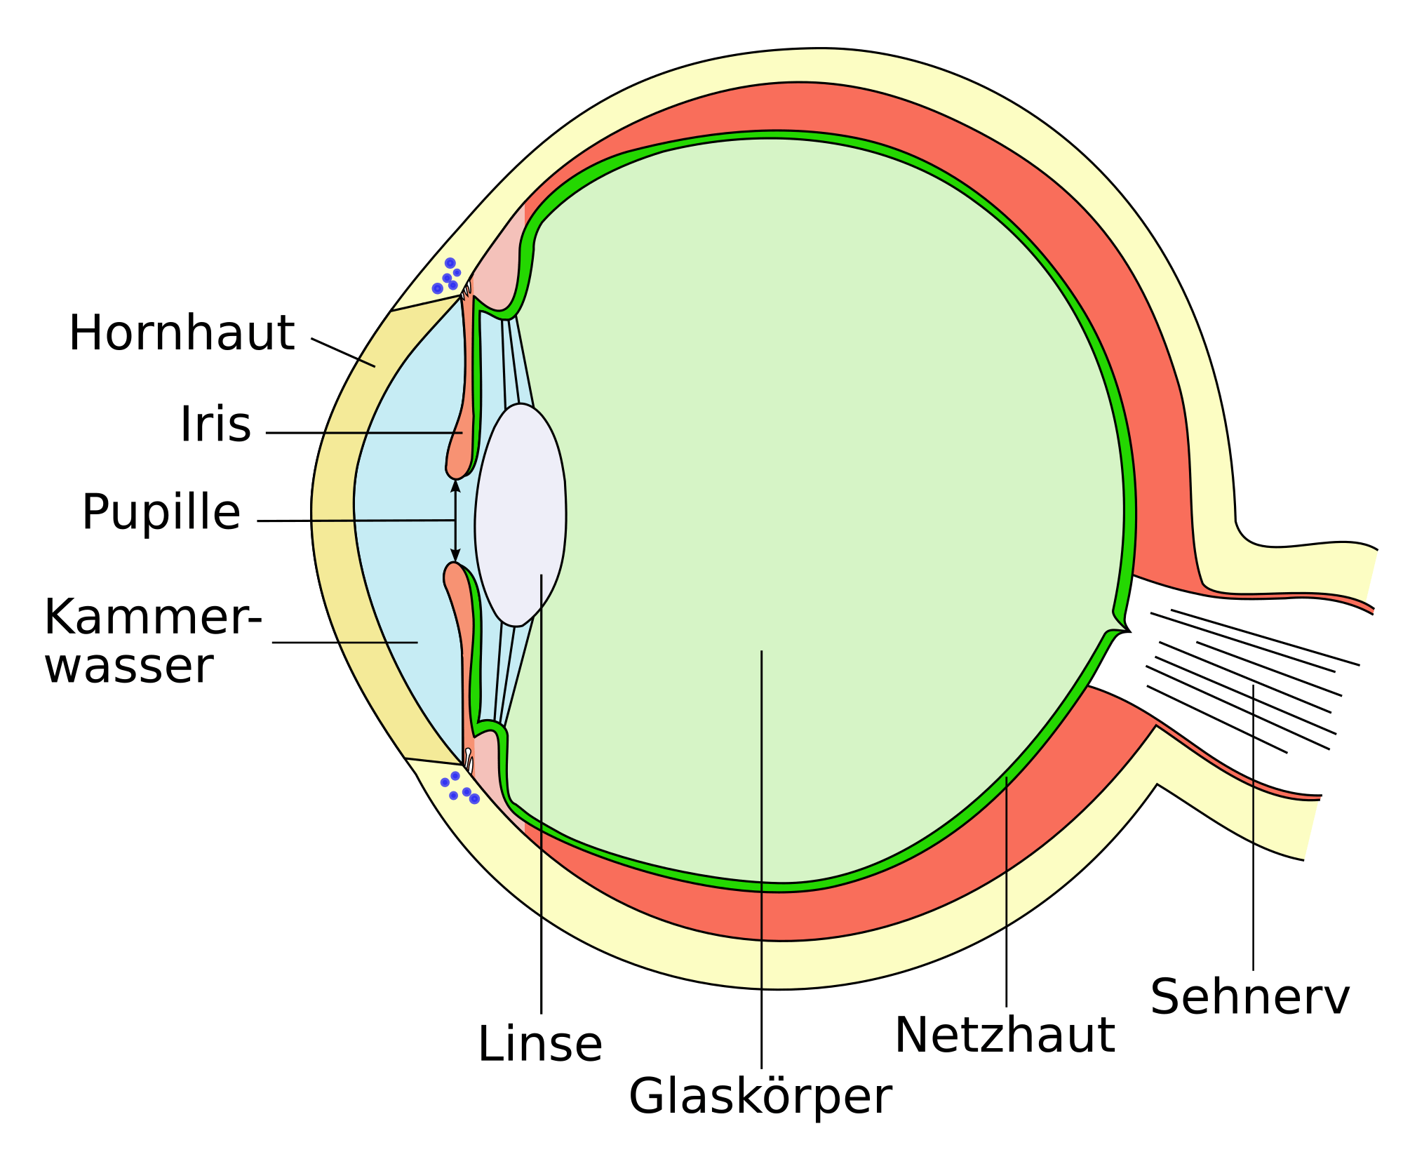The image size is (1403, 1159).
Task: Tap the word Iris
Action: coord(215,424)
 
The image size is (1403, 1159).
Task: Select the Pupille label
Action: coord(161,511)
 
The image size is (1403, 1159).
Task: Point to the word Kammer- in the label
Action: coord(153,617)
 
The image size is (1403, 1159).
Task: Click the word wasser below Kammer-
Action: coord(128,666)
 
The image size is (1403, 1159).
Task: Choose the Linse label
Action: coord(539,1044)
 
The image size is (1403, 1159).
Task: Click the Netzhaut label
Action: coord(1005,1035)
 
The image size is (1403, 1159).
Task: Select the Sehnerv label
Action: coord(1249,996)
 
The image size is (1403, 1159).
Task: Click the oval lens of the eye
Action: coord(521,515)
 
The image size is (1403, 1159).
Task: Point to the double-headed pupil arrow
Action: coord(455,521)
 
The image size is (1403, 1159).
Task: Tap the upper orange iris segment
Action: coord(460,393)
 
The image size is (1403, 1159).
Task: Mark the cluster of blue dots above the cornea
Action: coord(447,276)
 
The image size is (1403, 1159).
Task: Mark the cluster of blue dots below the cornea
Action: coord(460,788)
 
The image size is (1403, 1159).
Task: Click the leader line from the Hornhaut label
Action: coord(343,352)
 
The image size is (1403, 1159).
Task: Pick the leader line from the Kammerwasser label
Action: coord(345,642)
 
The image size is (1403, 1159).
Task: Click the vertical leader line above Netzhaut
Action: coord(1006,891)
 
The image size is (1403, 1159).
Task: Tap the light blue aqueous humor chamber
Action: coord(407,533)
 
